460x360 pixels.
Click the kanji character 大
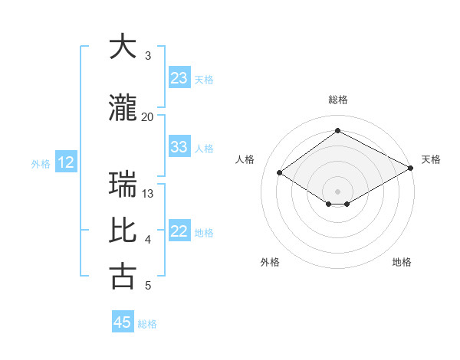pyautogui.click(x=123, y=47)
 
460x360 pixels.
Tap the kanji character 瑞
pyautogui.click(x=123, y=185)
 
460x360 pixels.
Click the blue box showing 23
pyautogui.click(x=179, y=78)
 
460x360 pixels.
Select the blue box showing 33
pyautogui.click(x=179, y=147)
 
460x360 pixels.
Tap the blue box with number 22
pyautogui.click(x=179, y=231)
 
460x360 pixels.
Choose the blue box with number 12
pyautogui.click(x=66, y=162)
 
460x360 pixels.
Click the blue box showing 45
pyautogui.click(x=123, y=322)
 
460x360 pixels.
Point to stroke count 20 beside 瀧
pyautogui.click(x=148, y=117)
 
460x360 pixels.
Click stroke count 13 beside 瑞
pyautogui.click(x=148, y=194)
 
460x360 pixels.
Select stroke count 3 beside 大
pyautogui.click(x=148, y=56)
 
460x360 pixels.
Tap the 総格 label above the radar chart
pyautogui.click(x=337, y=100)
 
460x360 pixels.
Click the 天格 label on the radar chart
pyautogui.click(x=431, y=159)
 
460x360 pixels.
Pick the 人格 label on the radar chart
pyautogui.click(x=245, y=159)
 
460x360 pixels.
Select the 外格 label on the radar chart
pyautogui.click(x=270, y=262)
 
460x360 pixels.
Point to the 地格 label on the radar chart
pyautogui.click(x=402, y=262)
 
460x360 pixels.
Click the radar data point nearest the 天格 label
pyautogui.click(x=411, y=168)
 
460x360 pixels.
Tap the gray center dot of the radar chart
pyautogui.click(x=337, y=190)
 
